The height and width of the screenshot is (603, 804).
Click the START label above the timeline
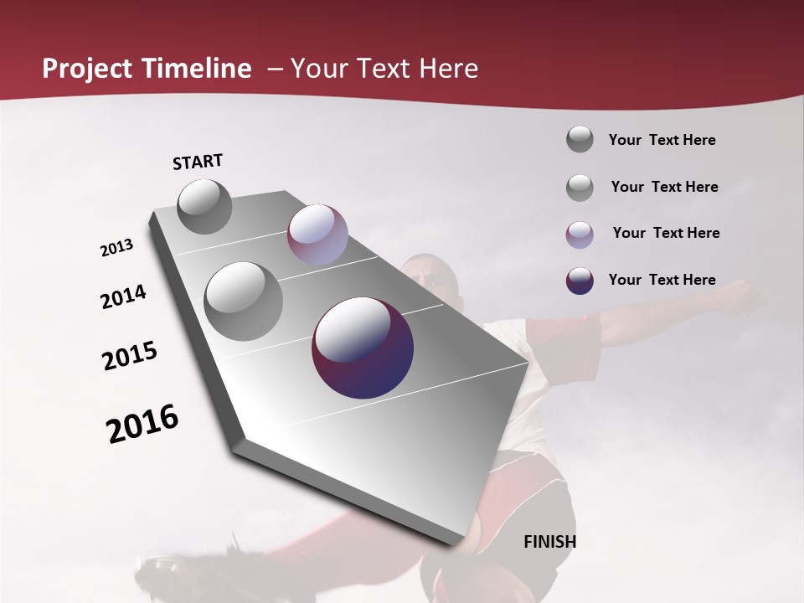(198, 162)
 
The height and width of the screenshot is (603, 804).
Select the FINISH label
(550, 542)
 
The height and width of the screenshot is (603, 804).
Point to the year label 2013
(116, 248)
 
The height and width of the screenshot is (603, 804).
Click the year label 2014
(123, 297)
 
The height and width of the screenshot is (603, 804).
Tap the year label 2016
(142, 424)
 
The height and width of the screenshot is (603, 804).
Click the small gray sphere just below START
(205, 206)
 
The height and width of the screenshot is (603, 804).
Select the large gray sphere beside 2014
(244, 301)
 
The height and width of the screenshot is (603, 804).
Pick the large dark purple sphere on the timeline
(363, 348)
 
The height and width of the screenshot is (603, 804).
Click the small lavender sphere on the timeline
(317, 234)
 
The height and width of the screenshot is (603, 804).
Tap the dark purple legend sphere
(580, 281)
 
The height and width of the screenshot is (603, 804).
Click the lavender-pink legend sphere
(580, 234)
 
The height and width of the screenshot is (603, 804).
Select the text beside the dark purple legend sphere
(662, 280)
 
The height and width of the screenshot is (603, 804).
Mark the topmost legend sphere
(580, 139)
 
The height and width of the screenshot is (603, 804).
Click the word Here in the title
(449, 69)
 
